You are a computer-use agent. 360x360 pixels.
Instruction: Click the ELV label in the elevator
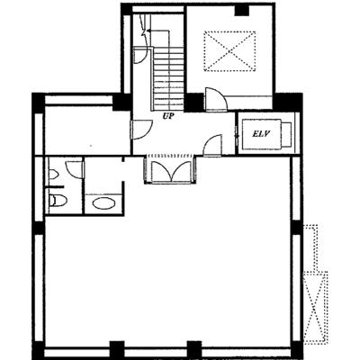pos(259,134)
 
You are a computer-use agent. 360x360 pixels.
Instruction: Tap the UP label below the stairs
pos(169,116)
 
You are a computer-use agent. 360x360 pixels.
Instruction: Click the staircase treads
pos(168,78)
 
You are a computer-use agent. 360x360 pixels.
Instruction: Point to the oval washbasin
pos(103,203)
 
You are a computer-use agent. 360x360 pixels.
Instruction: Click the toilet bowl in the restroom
pos(58,200)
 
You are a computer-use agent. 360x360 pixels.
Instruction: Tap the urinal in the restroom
pos(53,175)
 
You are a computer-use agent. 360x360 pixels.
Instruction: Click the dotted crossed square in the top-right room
pos(229,51)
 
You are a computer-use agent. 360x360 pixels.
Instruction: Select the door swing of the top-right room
pos(216,99)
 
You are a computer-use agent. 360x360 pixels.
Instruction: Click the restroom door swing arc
pos(74,170)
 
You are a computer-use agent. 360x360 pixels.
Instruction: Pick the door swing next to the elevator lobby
pos(212,145)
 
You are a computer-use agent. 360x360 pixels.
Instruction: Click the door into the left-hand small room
pos(141,130)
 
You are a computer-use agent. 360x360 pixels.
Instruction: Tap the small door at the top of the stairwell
pos(140,56)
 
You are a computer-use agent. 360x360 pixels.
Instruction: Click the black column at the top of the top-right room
pos(242,11)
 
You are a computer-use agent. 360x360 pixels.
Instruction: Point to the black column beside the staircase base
pos(193,103)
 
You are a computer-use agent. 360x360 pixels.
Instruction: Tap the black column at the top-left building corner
pos(38,103)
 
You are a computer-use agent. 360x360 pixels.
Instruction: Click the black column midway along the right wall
pos(296,228)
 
